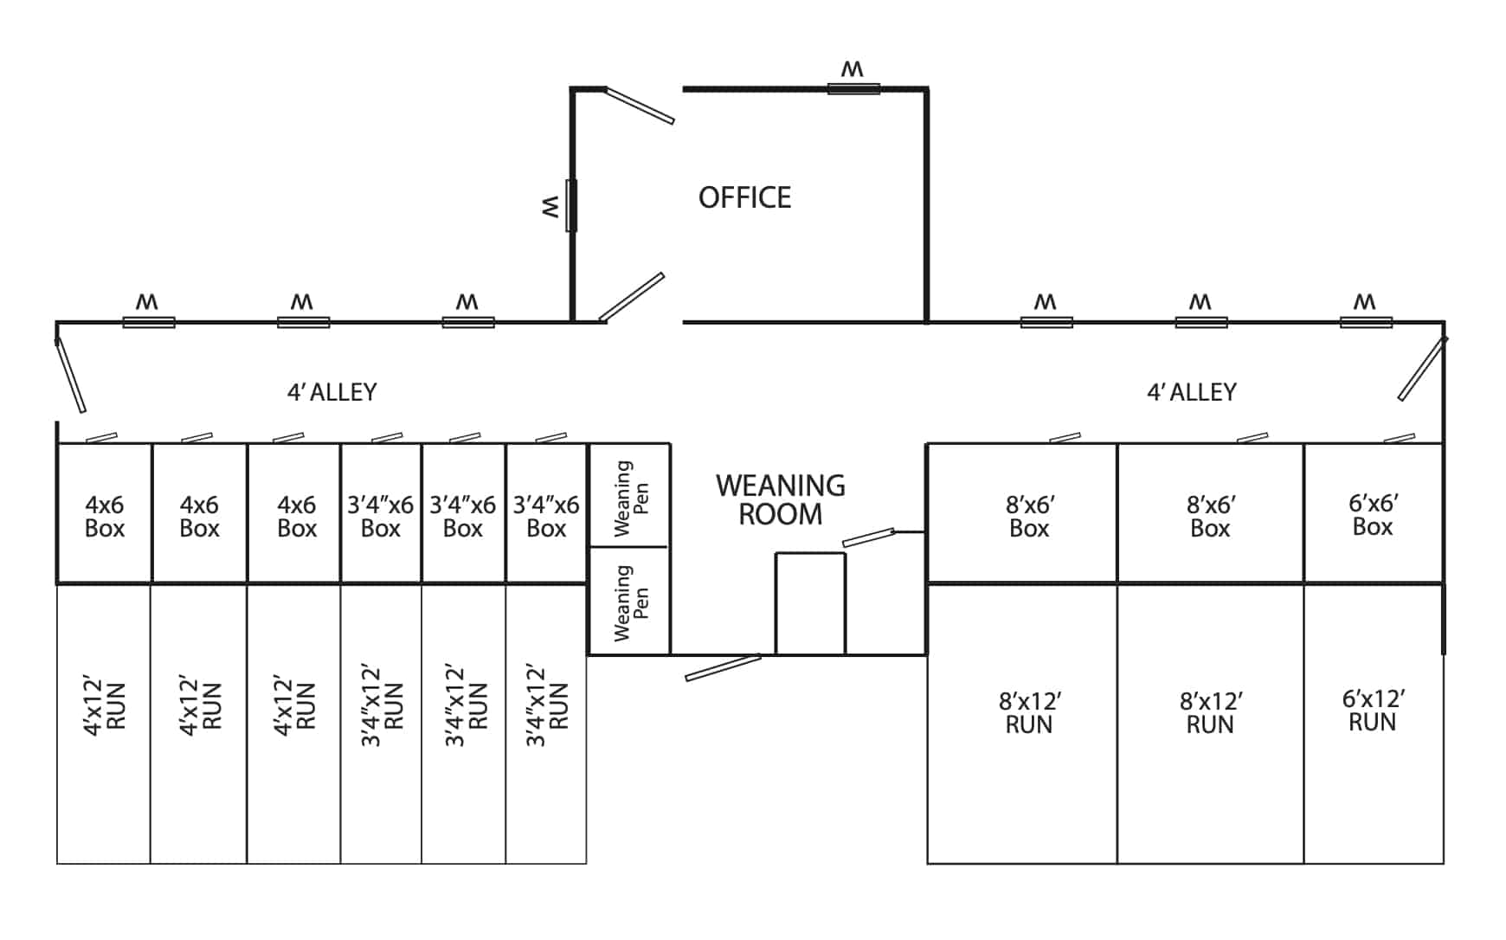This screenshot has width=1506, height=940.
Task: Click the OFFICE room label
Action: click(744, 197)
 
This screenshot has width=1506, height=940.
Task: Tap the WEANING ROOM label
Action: click(780, 499)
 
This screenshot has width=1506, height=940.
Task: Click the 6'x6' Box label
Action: click(1373, 515)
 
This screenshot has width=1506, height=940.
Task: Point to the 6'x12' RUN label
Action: click(1373, 711)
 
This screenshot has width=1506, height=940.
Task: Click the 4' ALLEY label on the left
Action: click(331, 392)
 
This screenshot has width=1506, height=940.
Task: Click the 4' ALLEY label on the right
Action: click(1191, 392)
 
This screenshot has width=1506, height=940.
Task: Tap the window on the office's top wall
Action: click(853, 88)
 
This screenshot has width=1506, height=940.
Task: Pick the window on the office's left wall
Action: click(571, 206)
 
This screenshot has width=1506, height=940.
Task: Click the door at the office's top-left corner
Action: click(639, 106)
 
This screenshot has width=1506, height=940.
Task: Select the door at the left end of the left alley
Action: click(70, 374)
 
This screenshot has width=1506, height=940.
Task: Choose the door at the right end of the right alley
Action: click(1422, 369)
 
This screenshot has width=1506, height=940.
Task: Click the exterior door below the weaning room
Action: click(724, 667)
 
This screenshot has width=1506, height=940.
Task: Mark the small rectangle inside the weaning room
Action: click(810, 603)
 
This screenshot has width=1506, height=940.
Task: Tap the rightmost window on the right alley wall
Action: click(1366, 322)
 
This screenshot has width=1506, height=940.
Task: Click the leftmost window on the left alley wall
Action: click(149, 322)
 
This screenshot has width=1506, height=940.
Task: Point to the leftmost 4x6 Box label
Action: click(104, 516)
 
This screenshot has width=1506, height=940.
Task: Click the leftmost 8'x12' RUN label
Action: click(1029, 712)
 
